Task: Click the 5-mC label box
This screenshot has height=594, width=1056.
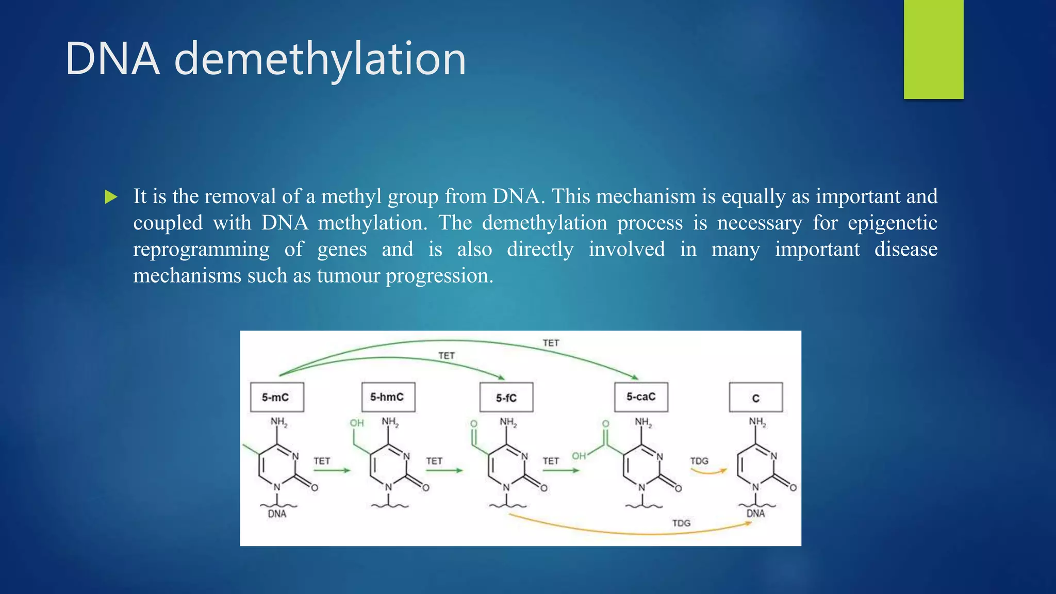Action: coord(277,397)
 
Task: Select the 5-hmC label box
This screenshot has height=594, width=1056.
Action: coord(388,397)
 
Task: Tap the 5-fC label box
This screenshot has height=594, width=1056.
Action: coord(506,398)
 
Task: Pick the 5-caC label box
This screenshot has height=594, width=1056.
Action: coord(641,397)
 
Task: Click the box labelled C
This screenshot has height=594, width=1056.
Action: coord(755,398)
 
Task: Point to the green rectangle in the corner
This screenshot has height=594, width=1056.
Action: coord(933,49)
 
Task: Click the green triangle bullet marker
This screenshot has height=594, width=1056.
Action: coord(111,197)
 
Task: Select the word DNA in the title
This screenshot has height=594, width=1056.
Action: coord(112,59)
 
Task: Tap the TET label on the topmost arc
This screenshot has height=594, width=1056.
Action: coord(551,343)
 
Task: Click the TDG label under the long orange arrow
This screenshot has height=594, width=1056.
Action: coord(681,523)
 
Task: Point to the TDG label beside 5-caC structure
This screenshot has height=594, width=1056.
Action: coord(699,460)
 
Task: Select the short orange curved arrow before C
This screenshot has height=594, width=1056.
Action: coord(708,471)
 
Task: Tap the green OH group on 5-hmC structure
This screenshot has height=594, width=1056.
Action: coord(357,423)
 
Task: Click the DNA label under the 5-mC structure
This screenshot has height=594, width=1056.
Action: coord(277,514)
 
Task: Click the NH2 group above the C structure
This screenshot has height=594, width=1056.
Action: coord(757,422)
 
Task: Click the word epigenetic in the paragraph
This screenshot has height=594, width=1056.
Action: coord(892,223)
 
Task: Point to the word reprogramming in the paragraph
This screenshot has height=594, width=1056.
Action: coord(201,250)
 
